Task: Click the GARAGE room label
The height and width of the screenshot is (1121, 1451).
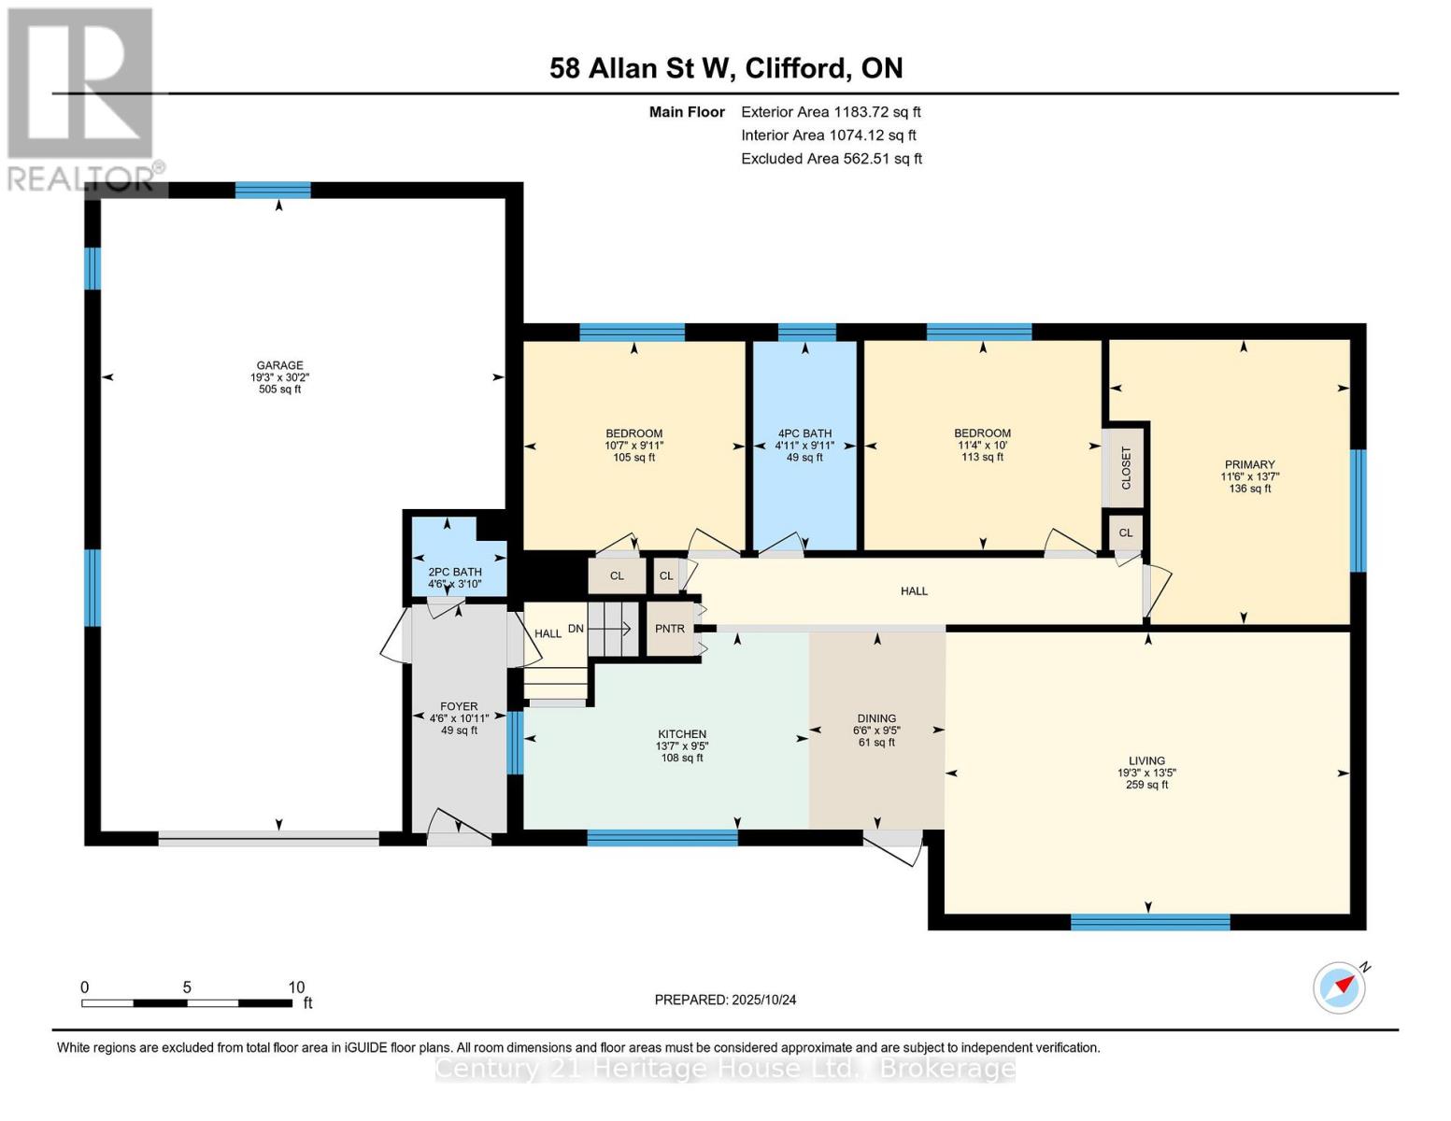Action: coord(279,365)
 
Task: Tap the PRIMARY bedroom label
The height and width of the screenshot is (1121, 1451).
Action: coord(1249,464)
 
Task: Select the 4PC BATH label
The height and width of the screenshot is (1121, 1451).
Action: coord(804,433)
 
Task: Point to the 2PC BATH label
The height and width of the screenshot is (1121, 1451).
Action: coord(455,573)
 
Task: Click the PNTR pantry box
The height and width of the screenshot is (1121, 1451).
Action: coord(670,629)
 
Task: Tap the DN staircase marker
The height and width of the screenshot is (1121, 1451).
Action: coord(576,629)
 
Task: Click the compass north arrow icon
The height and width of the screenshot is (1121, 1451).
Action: coord(1341,986)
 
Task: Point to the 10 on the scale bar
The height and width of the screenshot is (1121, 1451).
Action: coord(296,987)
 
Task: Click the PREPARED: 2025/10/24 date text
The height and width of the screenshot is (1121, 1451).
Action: coord(725,1000)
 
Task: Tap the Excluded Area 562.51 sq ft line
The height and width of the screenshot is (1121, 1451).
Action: coord(832,159)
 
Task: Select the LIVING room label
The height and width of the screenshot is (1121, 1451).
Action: coord(1146,761)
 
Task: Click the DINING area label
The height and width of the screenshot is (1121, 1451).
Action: coord(876,719)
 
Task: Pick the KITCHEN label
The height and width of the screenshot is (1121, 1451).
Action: coord(682,734)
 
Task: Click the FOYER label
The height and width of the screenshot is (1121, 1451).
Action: coord(459,706)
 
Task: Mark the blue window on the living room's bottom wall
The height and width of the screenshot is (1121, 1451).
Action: coord(1150,922)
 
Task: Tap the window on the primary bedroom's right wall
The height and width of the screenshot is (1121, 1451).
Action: coord(1359,511)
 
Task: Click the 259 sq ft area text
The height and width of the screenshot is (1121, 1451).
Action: coord(1147,786)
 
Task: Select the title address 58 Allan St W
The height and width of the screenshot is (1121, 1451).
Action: coord(639,68)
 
